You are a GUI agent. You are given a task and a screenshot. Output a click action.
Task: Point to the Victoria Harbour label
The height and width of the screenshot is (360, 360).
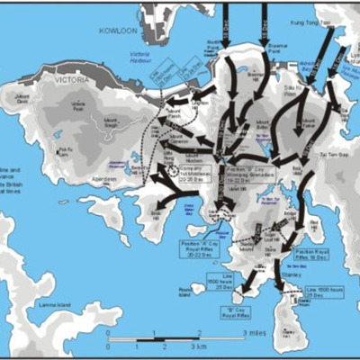pyautogui.click(x=139, y=66)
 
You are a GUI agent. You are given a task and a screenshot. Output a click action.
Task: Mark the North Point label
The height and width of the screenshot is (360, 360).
pyautogui.click(x=213, y=45)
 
